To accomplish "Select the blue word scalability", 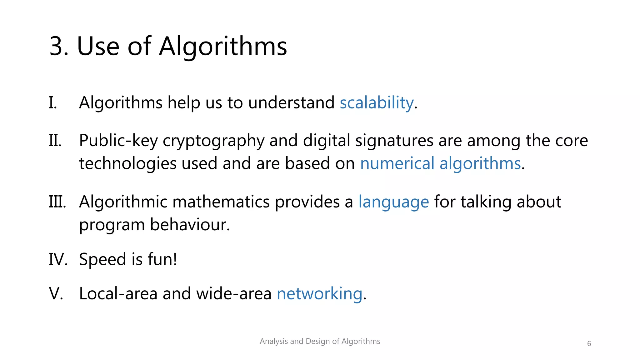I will (377, 103).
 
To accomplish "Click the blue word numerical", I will (397, 163).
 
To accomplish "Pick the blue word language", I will (393, 202).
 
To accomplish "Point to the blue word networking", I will (319, 294).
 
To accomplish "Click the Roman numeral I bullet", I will (53, 103).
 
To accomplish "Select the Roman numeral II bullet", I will (55, 141).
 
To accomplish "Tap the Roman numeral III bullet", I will (57, 202).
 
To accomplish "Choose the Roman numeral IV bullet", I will (58, 259).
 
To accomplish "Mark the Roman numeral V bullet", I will (56, 294).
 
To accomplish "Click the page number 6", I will (589, 344).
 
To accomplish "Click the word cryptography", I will (213, 141).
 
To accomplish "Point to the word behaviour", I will (190, 225).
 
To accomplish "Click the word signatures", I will (394, 141).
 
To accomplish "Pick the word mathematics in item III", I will (221, 202).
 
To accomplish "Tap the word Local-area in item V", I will (118, 294).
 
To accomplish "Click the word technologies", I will (128, 163).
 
